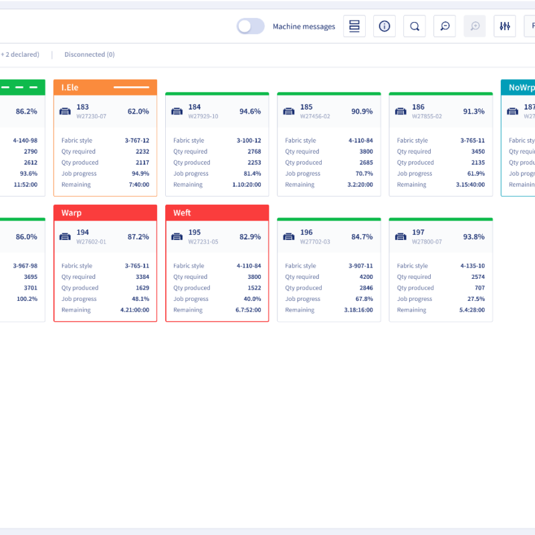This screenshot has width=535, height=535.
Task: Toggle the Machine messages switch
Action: point(251,26)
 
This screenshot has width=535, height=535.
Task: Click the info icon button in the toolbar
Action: point(385,26)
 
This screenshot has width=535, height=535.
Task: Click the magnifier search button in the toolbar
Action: point(415,26)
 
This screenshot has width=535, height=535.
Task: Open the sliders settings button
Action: point(505,26)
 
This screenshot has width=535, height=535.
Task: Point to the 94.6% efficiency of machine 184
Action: point(250,111)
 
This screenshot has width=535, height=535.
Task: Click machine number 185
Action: point(306,107)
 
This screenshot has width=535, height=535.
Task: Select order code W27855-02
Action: point(427,116)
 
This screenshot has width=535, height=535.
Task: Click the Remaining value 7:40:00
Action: point(138,185)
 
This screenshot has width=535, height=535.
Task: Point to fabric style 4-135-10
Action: point(472,265)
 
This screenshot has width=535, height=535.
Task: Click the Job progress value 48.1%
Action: point(140,299)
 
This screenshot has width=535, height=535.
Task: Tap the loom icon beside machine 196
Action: point(289,236)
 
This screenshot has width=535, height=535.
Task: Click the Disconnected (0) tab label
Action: point(89,55)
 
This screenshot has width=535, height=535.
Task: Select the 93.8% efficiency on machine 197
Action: point(474,236)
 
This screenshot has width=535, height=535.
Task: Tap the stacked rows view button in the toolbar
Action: point(354,26)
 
